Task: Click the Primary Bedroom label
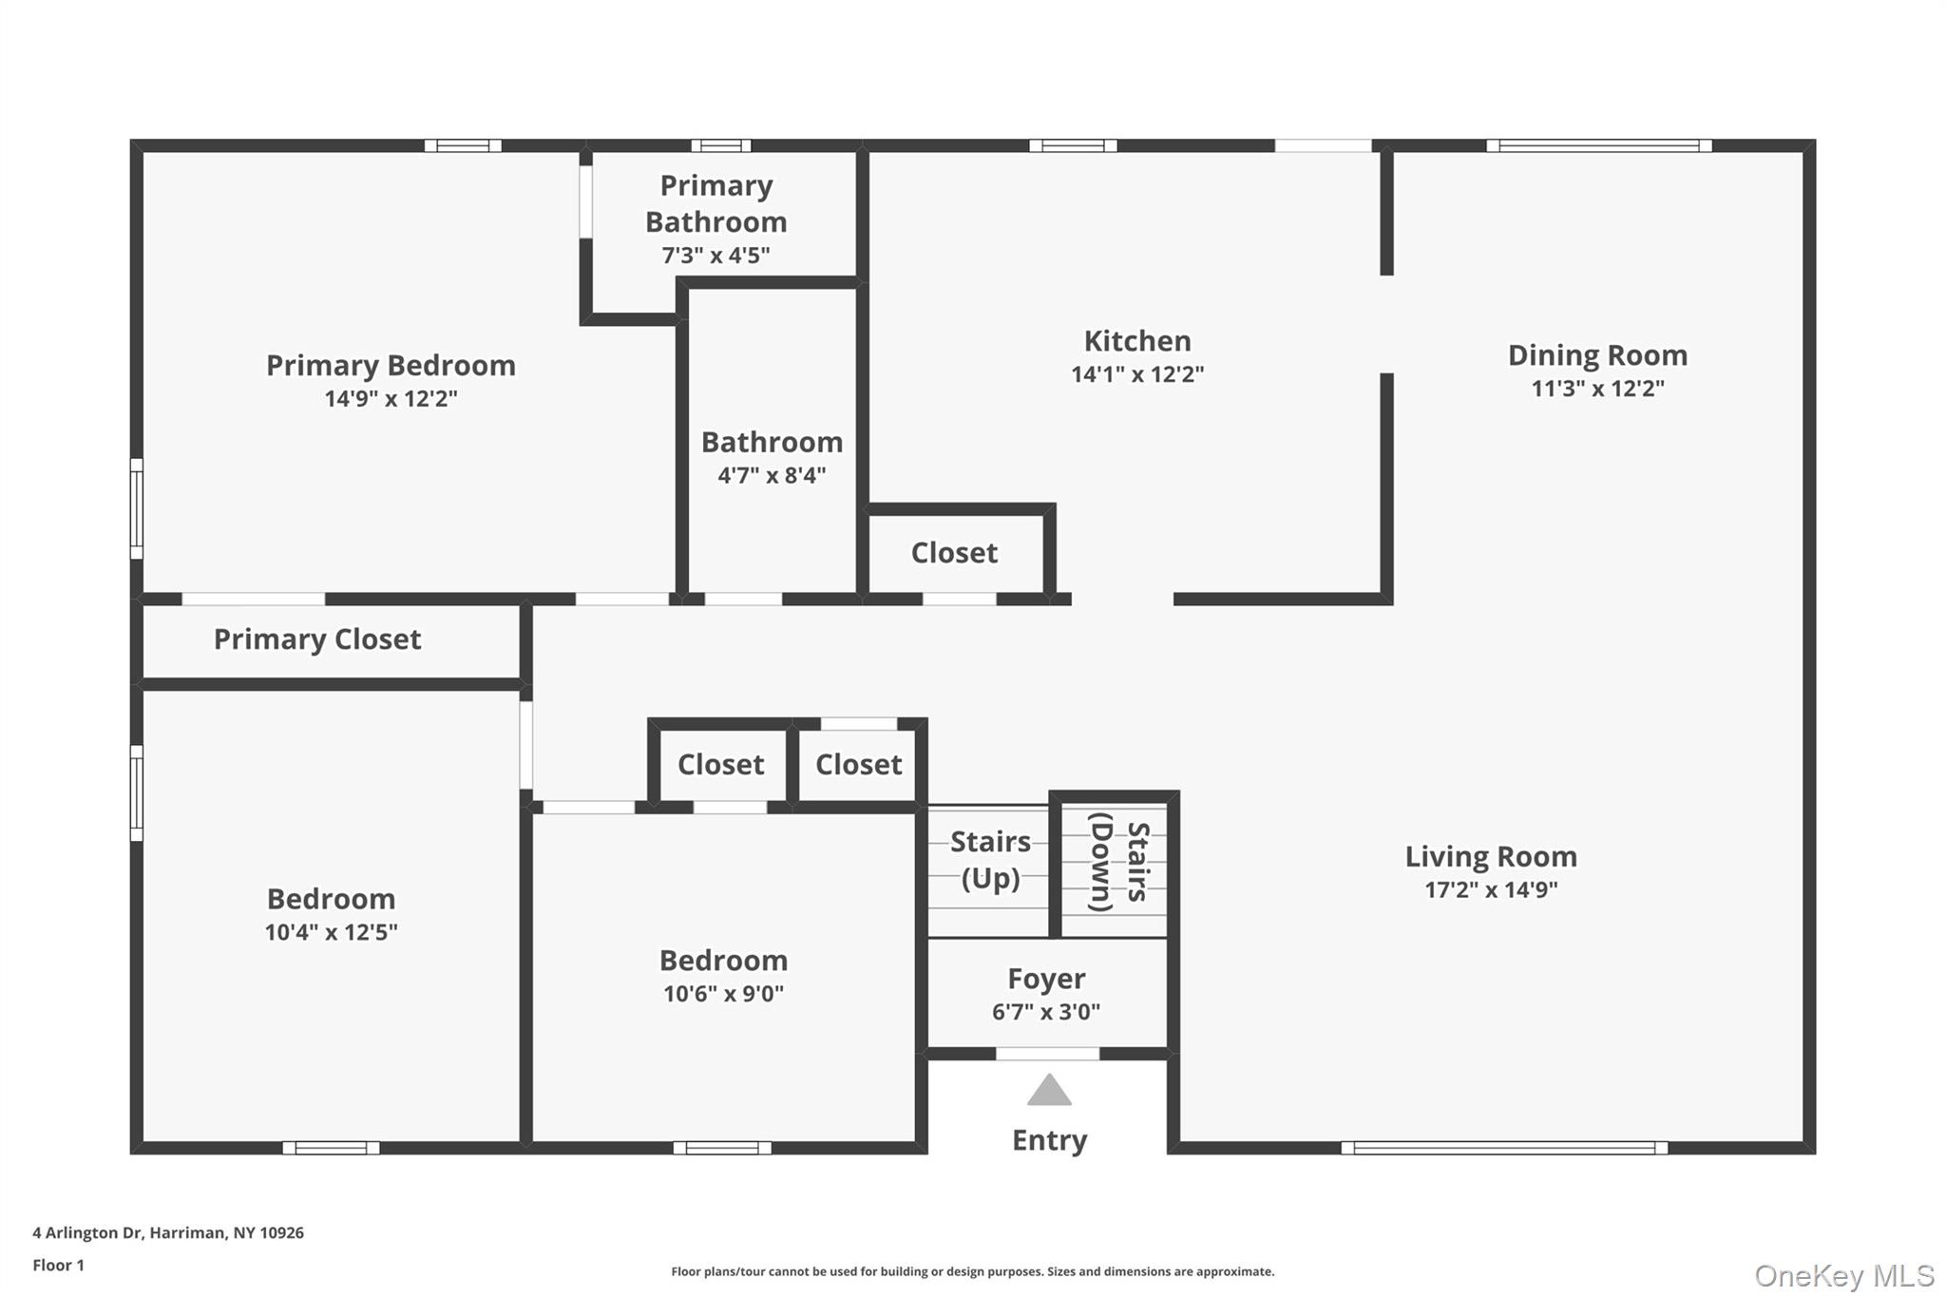pos(391,366)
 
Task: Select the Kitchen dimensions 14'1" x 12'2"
pos(1137,374)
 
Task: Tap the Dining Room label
pos(1597,355)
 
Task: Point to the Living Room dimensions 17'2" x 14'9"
pos(1491,890)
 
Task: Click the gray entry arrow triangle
pos(1049,1092)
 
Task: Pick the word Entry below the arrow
pos(1049,1140)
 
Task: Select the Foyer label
pos(1046,979)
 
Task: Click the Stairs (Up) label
pos(990,860)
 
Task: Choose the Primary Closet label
pos(316,639)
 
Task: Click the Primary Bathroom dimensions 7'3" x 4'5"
pos(715,256)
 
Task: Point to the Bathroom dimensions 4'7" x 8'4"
pos(772,476)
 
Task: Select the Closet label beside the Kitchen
pos(954,553)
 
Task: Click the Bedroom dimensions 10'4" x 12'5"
pos(331,932)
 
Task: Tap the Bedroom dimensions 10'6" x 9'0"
pos(723,994)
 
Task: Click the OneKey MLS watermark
pos(1843,1275)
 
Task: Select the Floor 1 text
pos(59,1266)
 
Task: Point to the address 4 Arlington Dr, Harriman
pos(168,1233)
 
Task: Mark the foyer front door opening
pos(1047,1054)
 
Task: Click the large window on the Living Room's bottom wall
pos(1503,1148)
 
